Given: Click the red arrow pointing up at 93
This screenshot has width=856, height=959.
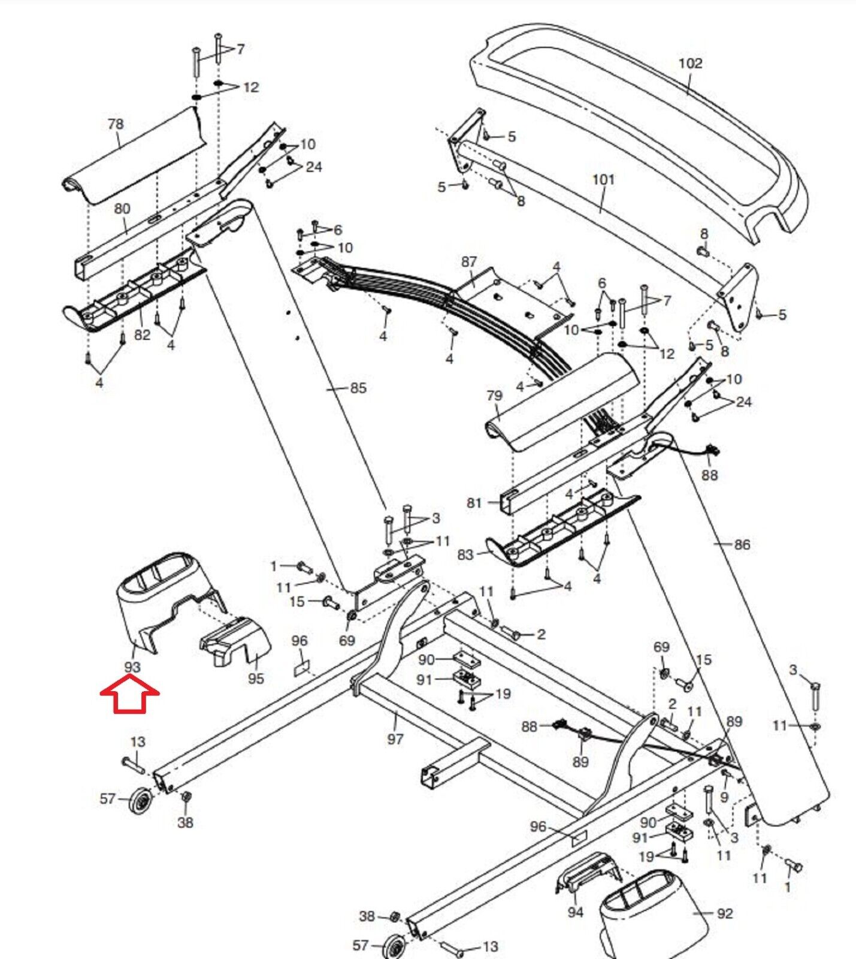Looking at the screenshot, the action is click(129, 694).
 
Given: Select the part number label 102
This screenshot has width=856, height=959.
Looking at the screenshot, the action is click(690, 63).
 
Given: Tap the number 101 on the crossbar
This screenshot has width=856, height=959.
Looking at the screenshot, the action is click(603, 179).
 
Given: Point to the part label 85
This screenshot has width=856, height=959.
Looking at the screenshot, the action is click(358, 388).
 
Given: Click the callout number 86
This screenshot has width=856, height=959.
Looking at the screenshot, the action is click(742, 544).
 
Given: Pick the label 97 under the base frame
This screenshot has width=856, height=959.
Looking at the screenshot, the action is click(395, 738).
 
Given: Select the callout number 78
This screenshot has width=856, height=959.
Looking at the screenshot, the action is click(116, 123).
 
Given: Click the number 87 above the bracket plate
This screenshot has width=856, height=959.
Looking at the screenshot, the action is click(469, 262).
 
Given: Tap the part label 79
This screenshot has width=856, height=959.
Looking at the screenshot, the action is click(494, 396).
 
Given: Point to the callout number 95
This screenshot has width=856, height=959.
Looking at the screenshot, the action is click(256, 678).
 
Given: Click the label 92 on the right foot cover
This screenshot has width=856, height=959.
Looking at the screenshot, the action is click(725, 913).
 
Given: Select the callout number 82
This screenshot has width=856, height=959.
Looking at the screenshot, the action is click(142, 334).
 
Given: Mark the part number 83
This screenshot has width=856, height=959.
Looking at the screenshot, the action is click(465, 554).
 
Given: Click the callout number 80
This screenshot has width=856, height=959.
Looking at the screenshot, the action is click(122, 209).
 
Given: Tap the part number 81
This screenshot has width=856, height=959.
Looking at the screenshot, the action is click(474, 502).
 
